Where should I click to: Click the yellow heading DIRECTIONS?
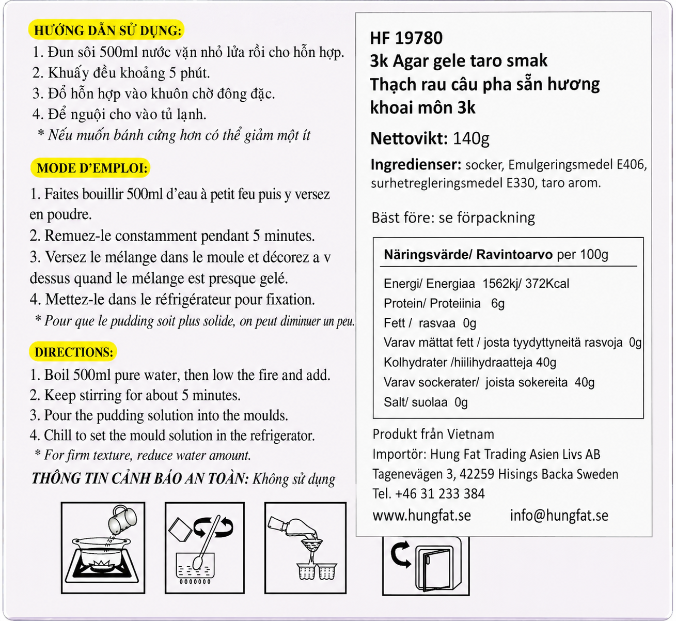[x=74, y=352]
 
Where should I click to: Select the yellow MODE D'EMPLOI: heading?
[x=92, y=168]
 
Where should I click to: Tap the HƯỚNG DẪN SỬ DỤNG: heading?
[x=107, y=30]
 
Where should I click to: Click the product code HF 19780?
[x=406, y=38]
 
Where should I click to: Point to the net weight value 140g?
[x=471, y=138]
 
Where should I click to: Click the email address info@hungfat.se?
[x=559, y=516]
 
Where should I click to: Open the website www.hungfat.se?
[x=421, y=516]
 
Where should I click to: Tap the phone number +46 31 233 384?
[x=440, y=494]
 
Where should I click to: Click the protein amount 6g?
[x=498, y=303]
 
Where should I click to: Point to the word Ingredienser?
[x=416, y=165]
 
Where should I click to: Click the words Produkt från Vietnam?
[x=433, y=434]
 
